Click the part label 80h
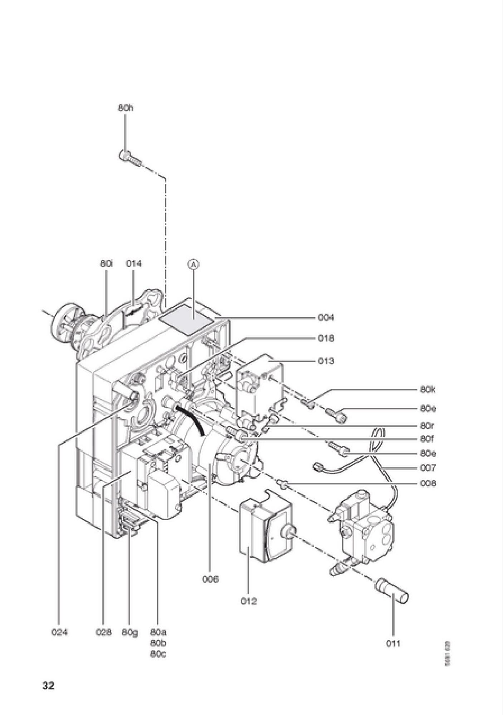pyautogui.click(x=125, y=108)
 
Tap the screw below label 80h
pyautogui.click(x=130, y=158)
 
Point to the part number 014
pyautogui.click(x=134, y=263)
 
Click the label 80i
pyautogui.click(x=107, y=263)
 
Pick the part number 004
pyautogui.click(x=326, y=317)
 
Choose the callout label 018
pyautogui.click(x=326, y=338)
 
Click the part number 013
pyautogui.click(x=326, y=361)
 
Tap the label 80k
pyautogui.click(x=428, y=389)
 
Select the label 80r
pyautogui.click(x=427, y=426)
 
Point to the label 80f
pyautogui.click(x=427, y=438)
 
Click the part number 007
pyautogui.click(x=428, y=468)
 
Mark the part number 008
pyautogui.click(x=428, y=483)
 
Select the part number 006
pyautogui.click(x=210, y=579)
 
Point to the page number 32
pyautogui.click(x=48, y=686)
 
